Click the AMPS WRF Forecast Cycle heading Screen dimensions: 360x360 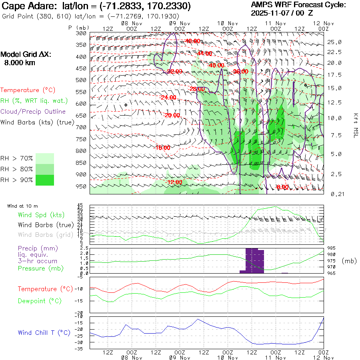tap(298, 5)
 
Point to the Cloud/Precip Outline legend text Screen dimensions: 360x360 tap(33, 112)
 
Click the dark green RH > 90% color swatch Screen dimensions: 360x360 tap(45, 180)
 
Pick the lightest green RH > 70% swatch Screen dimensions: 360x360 tap(45, 158)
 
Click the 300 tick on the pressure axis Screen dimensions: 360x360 tap(81, 33)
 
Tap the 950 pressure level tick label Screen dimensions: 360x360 tap(81, 186)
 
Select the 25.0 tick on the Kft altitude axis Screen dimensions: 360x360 tap(334, 42)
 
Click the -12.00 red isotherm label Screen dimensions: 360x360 tap(174, 182)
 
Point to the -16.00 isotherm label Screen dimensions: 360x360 tap(162, 148)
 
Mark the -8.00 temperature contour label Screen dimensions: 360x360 tap(282, 187)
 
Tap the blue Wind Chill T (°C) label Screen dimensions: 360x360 tap(44, 332)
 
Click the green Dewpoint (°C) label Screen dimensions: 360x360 tap(39, 301)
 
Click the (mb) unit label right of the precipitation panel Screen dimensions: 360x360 tap(349, 261)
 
